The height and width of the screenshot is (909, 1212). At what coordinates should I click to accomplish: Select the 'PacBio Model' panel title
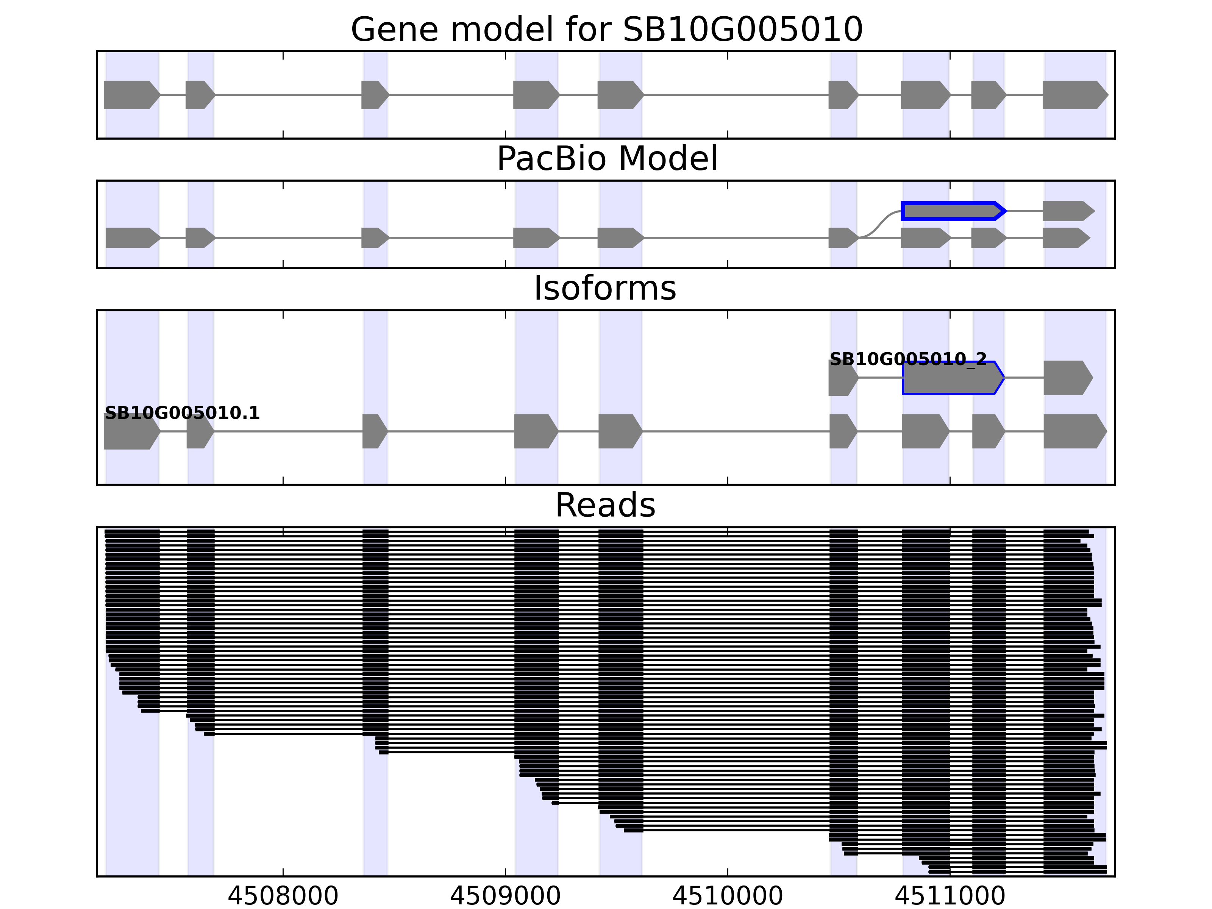pyautogui.click(x=606, y=159)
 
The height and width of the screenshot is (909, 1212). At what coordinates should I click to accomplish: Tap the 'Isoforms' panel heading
pyautogui.click(x=605, y=288)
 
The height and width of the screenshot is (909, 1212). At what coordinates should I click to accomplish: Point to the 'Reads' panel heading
pyautogui.click(x=605, y=505)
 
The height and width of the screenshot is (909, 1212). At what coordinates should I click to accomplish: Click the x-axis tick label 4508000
pyautogui.click(x=283, y=896)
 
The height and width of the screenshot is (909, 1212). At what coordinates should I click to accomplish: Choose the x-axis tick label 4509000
pyautogui.click(x=505, y=896)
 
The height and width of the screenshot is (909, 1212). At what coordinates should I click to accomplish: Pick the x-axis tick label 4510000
pyautogui.click(x=727, y=896)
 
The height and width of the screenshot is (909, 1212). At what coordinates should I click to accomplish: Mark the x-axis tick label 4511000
pyautogui.click(x=950, y=896)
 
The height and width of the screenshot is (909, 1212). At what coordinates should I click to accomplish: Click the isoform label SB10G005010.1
pyautogui.click(x=182, y=413)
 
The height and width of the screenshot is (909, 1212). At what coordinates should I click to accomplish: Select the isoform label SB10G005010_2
pyautogui.click(x=908, y=359)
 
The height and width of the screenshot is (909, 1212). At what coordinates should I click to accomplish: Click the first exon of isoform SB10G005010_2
pyautogui.click(x=843, y=378)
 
